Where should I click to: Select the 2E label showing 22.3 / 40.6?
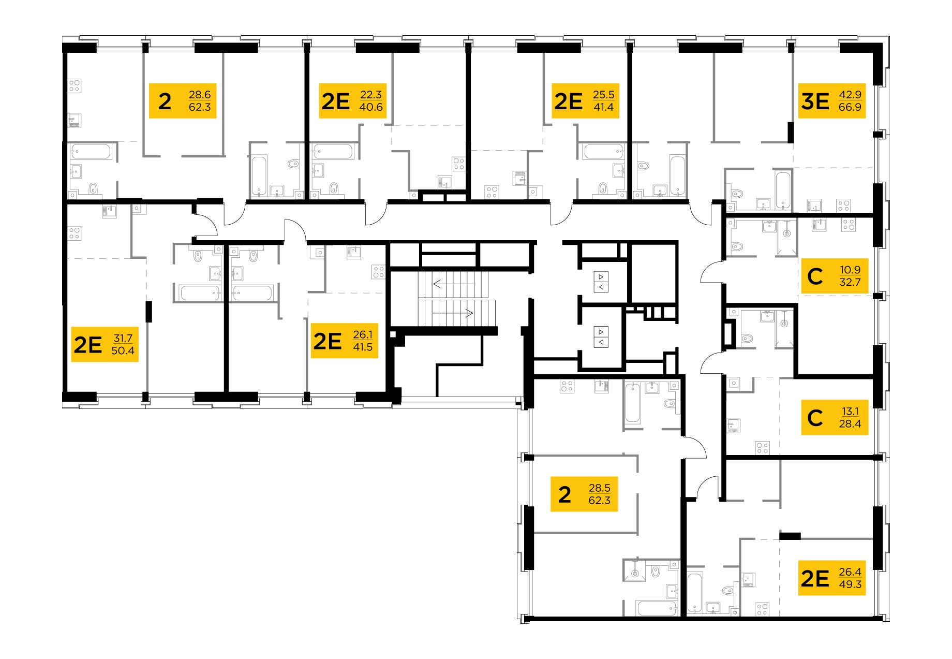click(352, 101)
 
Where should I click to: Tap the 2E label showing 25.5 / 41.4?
click(585, 101)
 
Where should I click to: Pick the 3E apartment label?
click(831, 101)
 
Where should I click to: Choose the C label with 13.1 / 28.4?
click(834, 417)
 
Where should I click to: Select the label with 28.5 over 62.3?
click(584, 494)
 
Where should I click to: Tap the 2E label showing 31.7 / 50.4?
click(105, 344)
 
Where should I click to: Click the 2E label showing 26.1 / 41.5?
click(344, 341)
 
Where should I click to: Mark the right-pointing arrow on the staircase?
click(454, 313)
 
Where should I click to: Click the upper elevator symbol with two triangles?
click(601, 282)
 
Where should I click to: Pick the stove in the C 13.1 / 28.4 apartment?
click(762, 447)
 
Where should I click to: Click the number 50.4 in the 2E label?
click(123, 350)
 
